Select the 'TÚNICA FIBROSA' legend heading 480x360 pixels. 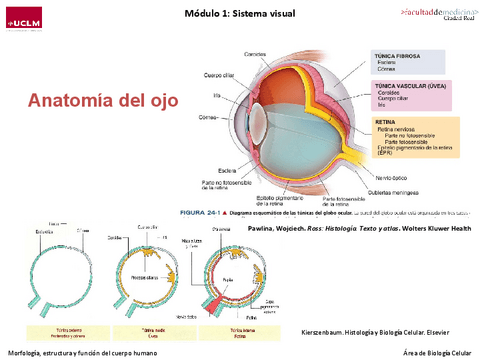click(396, 57)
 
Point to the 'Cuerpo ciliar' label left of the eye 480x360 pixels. click(220, 75)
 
